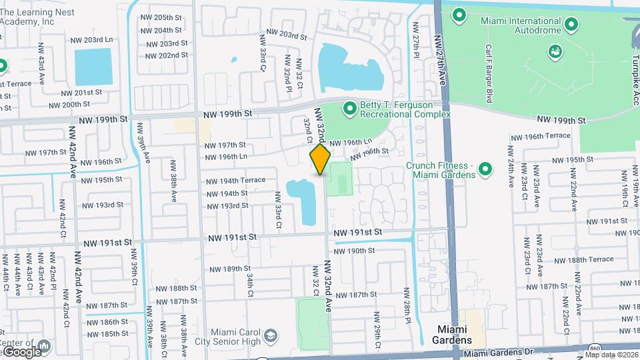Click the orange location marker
320,159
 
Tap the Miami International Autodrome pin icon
571,25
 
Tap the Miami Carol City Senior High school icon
270,335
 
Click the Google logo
21,351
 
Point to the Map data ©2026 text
612,355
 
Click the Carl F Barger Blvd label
489,73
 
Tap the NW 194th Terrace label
235,180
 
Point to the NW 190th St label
355,251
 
